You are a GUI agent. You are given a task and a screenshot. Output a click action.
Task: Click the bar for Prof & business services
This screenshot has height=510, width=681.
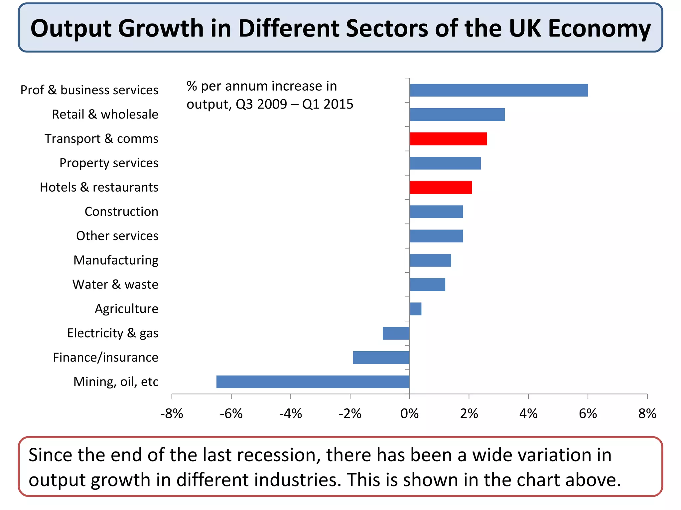click(498, 90)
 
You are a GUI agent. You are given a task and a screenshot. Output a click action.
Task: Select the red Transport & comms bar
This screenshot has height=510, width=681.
click(448, 139)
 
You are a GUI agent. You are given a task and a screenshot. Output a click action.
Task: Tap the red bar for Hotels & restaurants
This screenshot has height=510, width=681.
click(441, 187)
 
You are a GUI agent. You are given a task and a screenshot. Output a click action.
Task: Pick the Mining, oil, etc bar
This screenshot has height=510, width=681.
click(313, 382)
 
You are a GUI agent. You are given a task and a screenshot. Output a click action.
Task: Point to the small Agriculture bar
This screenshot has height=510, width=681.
click(415, 309)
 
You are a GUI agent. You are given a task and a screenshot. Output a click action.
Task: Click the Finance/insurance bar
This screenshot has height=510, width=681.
click(381, 357)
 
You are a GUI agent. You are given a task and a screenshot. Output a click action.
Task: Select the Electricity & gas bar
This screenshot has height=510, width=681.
click(396, 333)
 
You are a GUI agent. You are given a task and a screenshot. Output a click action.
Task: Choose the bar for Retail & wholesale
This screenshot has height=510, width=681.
click(457, 115)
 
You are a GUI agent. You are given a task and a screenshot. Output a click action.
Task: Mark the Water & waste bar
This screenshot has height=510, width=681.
click(427, 285)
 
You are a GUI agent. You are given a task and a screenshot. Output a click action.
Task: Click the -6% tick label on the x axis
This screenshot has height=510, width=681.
click(231, 414)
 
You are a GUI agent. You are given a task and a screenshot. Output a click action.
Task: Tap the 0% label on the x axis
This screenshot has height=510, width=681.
click(409, 414)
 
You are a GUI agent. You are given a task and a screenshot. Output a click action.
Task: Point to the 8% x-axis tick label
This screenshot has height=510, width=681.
click(647, 414)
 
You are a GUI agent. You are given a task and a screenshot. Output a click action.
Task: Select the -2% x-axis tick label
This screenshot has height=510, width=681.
click(350, 414)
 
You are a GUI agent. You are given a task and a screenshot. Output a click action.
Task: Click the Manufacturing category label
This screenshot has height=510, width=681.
click(116, 260)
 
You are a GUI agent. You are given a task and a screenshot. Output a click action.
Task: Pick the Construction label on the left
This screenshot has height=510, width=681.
click(121, 212)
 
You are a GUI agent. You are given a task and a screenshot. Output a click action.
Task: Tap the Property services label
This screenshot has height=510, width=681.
click(109, 163)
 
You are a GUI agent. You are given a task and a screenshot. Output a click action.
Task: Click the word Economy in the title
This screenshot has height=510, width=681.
click(599, 29)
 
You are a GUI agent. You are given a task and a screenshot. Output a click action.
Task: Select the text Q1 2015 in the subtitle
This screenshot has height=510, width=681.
click(328, 104)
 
